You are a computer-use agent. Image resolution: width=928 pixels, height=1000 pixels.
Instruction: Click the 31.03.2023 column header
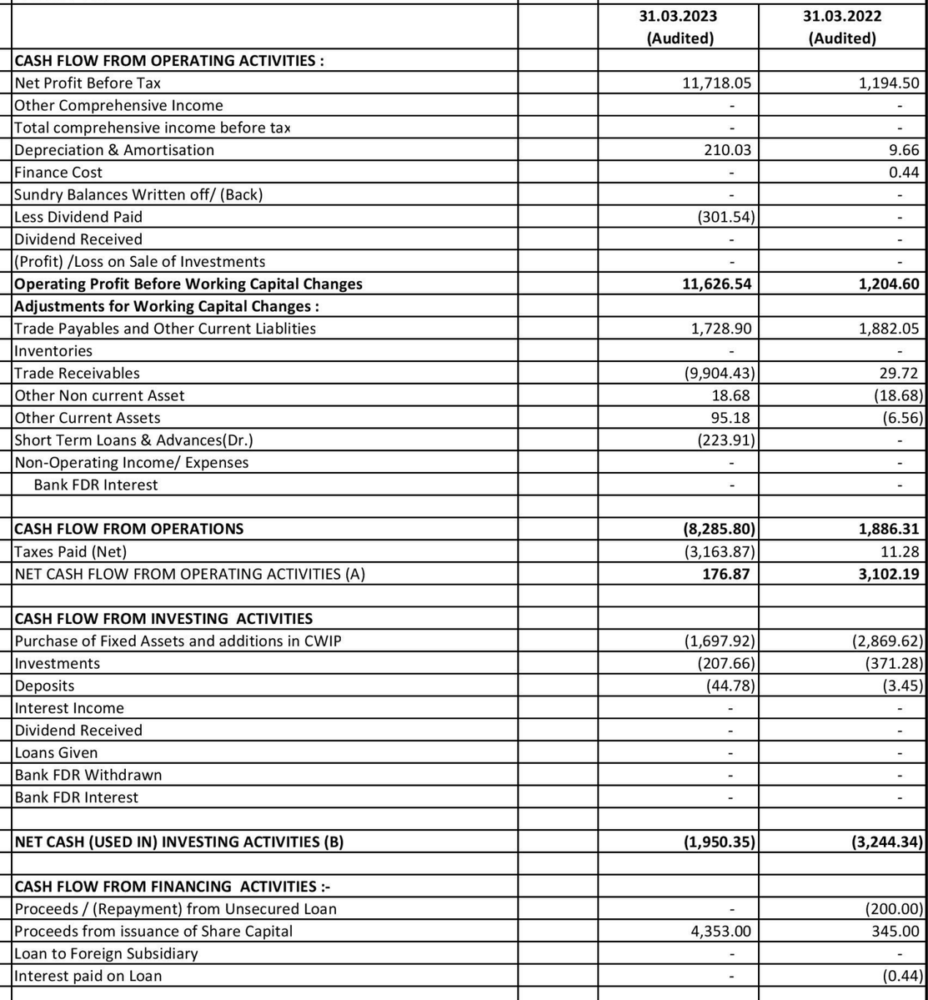[x=678, y=27]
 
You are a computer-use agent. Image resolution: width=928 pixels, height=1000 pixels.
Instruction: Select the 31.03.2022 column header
[x=842, y=27]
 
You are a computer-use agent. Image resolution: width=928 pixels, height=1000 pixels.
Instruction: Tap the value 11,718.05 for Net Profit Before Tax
[x=717, y=83]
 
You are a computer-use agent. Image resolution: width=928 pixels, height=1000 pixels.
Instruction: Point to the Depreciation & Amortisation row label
[x=114, y=150]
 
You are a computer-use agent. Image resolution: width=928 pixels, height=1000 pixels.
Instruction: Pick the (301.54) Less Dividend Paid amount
[x=725, y=217]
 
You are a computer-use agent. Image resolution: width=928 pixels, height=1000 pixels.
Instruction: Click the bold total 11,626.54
[x=716, y=284]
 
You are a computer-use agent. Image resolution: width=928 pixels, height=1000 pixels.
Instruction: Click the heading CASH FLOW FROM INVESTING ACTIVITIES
[x=163, y=619]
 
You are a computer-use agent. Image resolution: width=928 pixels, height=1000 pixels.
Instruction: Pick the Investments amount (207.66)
[x=725, y=664]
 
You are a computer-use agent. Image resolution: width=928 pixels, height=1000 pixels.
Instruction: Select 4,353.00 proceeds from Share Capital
[x=721, y=931]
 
